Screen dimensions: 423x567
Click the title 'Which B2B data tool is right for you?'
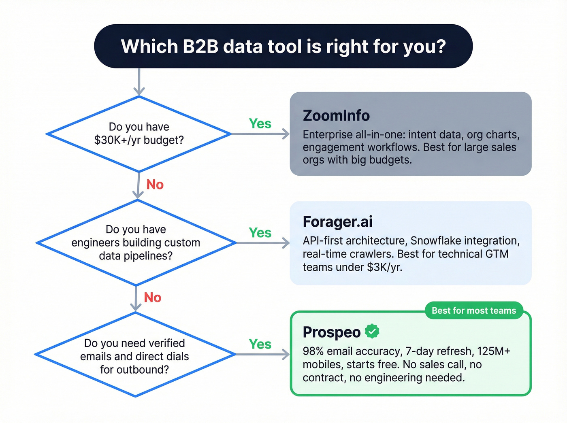tap(283, 47)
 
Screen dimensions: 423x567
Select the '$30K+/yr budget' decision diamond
tap(139, 134)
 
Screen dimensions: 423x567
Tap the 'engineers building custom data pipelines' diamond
tap(136, 242)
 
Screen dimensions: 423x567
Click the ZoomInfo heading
tap(336, 116)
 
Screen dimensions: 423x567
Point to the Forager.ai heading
tap(337, 222)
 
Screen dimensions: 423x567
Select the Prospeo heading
tap(331, 332)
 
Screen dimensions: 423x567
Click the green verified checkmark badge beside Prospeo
tap(372, 331)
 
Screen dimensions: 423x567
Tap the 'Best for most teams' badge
tap(473, 310)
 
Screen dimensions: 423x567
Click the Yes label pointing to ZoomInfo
tap(260, 123)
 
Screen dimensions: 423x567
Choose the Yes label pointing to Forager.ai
tap(260, 233)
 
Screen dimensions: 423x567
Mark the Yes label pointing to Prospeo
tap(260, 344)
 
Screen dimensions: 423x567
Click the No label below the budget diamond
tap(155, 185)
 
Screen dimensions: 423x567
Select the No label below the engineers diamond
tap(153, 298)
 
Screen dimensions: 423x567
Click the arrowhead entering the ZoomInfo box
tap(286, 134)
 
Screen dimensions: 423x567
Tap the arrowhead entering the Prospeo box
tap(286, 355)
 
